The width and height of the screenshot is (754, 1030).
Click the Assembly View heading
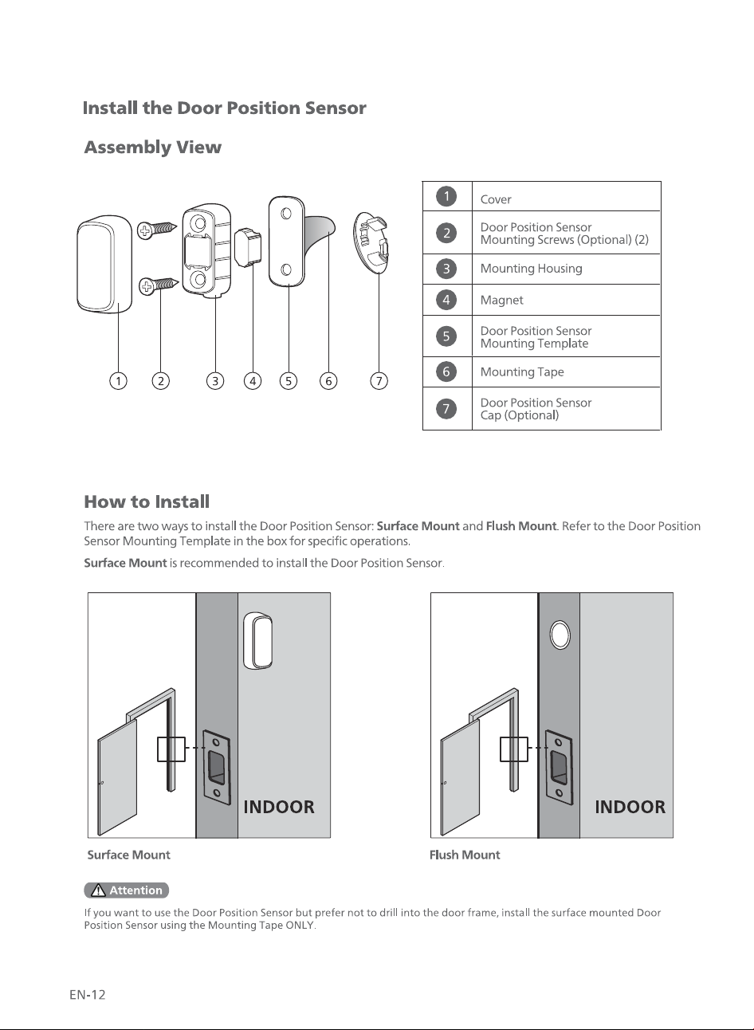153,147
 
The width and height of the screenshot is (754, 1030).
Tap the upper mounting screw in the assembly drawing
157,229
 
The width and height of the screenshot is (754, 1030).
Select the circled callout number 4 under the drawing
253,381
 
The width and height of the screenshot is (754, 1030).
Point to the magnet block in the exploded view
248,247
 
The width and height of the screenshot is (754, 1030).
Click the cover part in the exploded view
104,264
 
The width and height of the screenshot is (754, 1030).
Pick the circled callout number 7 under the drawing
379,381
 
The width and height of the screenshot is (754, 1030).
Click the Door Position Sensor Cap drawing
371,242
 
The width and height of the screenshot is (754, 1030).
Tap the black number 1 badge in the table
446,197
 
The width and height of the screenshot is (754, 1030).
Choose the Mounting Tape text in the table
522,372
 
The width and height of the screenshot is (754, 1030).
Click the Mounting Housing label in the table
531,269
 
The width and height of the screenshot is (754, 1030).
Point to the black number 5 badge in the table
446,336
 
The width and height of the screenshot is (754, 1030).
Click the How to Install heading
147,501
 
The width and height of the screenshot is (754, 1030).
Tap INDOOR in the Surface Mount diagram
279,807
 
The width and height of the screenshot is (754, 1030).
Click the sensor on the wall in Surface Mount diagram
257,640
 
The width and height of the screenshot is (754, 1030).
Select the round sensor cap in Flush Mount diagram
560,635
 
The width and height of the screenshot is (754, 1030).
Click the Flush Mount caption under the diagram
465,855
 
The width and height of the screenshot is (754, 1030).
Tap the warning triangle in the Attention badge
98,890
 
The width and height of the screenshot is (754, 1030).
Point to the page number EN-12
88,995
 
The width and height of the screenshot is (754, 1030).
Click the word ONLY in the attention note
300,925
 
